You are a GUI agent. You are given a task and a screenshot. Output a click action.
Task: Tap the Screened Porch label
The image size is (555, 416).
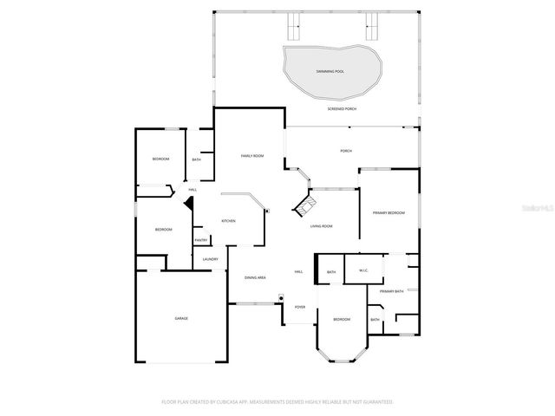[342, 109]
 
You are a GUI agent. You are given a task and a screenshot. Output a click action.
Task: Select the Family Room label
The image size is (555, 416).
[252, 155]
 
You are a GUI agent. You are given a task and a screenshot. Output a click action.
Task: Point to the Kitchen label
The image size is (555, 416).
[228, 221]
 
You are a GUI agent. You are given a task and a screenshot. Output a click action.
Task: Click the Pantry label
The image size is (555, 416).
[200, 241]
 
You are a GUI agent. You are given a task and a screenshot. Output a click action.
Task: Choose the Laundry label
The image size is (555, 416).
[210, 259]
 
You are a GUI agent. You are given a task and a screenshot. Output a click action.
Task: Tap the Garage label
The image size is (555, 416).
[182, 318]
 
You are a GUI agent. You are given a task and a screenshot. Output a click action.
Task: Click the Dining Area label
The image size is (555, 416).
[255, 277]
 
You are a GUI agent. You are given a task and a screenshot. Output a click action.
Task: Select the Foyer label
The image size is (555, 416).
[300, 307]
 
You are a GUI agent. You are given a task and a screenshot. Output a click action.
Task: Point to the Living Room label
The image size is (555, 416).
[322, 226]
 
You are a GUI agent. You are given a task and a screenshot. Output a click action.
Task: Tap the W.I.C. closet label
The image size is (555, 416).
[364, 270]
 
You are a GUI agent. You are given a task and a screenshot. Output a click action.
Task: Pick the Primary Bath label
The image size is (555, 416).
[392, 291]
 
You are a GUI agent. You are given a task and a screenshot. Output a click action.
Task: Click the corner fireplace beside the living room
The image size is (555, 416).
[305, 206]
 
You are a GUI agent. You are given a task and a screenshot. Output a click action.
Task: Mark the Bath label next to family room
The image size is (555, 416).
[197, 159]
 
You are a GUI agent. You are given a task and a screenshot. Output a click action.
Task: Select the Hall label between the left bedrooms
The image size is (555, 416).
[193, 190]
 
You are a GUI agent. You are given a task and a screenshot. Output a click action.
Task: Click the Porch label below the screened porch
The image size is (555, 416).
[346, 151]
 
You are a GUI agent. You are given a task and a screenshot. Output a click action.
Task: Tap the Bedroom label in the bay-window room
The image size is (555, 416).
[343, 320]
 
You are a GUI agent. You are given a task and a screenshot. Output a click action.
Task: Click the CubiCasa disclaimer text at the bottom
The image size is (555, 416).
[277, 402]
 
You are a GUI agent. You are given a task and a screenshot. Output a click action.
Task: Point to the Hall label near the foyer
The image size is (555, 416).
[298, 272]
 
